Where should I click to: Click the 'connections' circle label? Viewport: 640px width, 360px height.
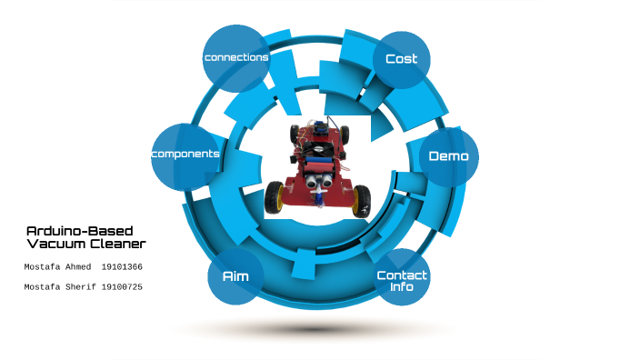[x=236, y=57]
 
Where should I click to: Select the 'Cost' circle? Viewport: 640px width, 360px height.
[x=401, y=59]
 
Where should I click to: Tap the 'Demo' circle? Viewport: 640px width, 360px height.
[x=449, y=155]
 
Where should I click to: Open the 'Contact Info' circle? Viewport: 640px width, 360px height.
[x=402, y=280]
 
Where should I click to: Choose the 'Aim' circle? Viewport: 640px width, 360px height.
[x=235, y=275]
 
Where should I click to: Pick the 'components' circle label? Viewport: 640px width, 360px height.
[x=185, y=154]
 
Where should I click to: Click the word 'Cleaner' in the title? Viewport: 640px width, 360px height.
[x=122, y=245]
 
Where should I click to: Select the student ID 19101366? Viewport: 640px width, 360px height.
[x=122, y=267]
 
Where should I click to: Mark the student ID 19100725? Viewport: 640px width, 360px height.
[x=122, y=287]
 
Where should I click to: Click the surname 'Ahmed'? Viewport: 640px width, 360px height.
[x=80, y=267]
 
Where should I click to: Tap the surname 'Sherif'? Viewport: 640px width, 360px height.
[x=80, y=287]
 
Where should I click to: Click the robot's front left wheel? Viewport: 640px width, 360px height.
[x=274, y=196]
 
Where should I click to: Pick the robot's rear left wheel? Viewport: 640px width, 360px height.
[x=296, y=135]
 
